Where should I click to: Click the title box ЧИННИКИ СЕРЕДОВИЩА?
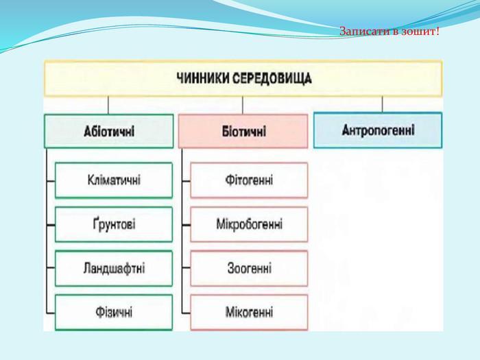point(243,78)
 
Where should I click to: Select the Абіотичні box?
point(109,131)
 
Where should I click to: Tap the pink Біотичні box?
point(243,131)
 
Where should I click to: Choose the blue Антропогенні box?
point(378,130)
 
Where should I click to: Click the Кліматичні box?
point(114,180)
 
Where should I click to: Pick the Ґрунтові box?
point(114,224)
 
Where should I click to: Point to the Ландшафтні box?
point(114,268)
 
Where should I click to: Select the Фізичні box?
point(114,312)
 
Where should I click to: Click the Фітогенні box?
point(249,180)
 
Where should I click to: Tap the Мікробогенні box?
point(249,224)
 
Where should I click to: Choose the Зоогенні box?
point(249,268)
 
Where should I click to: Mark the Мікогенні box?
point(249,312)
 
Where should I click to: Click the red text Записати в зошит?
point(389,32)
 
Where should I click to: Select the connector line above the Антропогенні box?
point(382,104)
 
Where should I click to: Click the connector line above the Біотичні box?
point(243,105)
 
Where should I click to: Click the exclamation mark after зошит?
point(437,32)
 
